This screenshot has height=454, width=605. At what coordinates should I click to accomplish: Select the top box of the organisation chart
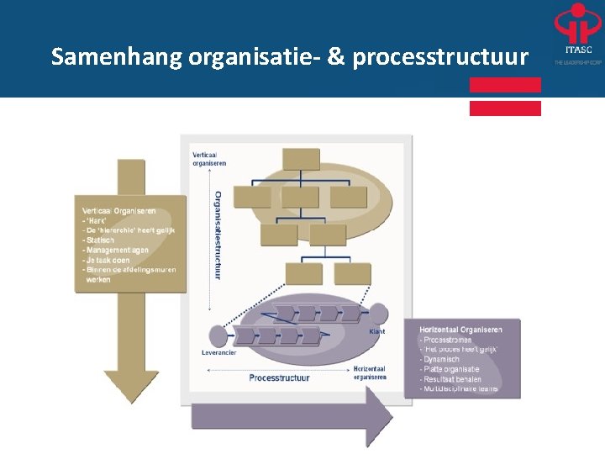pos(301,159)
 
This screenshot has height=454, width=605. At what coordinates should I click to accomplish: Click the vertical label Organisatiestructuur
pos(218,235)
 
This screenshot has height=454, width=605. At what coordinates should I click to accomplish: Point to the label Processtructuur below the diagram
pos(279,377)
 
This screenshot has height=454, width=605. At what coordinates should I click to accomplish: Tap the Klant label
pos(377,332)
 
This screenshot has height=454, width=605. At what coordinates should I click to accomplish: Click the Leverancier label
pos(219,352)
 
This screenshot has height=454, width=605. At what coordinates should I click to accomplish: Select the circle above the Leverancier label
pos(214,336)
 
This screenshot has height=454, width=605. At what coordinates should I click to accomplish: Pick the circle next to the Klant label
pos(377,314)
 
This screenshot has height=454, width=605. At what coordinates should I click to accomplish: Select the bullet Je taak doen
pos(108,260)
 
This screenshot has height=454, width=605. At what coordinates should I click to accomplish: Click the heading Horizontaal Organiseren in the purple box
pos(460,330)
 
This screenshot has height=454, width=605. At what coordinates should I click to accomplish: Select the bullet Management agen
pos(117,250)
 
